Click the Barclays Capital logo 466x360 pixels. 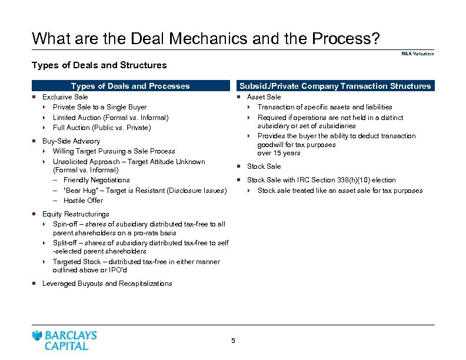pos(65,340)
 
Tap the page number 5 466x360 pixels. pos(233,341)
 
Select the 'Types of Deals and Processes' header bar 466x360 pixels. pos(130,86)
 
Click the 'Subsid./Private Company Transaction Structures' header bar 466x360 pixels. pos(335,86)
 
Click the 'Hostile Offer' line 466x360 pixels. pos(83,201)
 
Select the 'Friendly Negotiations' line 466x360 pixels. pos(96,180)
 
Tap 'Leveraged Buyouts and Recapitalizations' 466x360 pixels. pos(107,284)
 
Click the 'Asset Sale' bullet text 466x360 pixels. pos(264,97)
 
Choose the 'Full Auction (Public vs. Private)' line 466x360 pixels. pos(102,128)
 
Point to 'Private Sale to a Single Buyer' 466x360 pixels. pos(99,107)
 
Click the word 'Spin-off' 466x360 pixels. pos(65,224)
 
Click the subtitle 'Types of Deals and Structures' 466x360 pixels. pos(99,65)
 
